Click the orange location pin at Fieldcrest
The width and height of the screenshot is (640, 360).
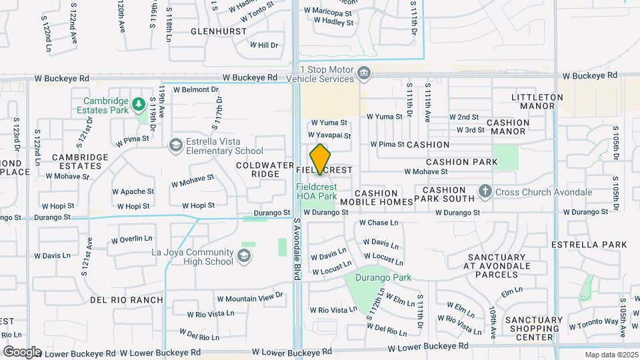(x=321, y=159)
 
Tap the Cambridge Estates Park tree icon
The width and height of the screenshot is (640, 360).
(x=138, y=103)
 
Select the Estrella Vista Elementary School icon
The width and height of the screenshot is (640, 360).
(x=175, y=145)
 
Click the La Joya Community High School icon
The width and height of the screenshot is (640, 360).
(x=244, y=256)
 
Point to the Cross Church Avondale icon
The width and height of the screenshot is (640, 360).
(x=485, y=193)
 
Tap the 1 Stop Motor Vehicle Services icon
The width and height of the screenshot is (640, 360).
(x=364, y=73)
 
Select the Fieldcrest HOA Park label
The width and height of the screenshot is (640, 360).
(x=317, y=191)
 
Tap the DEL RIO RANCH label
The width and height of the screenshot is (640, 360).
(x=126, y=300)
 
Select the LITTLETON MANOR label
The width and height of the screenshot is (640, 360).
(x=537, y=101)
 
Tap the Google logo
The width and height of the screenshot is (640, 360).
(x=22, y=351)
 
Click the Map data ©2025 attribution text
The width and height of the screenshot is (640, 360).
(x=611, y=355)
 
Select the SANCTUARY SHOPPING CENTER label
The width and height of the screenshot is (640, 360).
(x=533, y=328)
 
